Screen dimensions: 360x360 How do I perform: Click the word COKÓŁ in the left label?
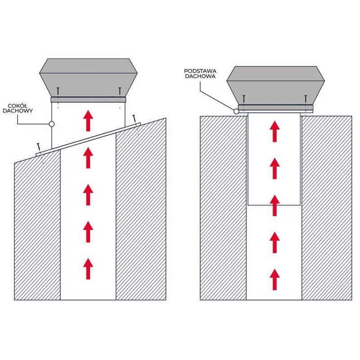[18, 106]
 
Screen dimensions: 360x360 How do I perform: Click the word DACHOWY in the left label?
[18, 111]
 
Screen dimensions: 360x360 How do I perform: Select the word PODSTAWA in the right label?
[200, 72]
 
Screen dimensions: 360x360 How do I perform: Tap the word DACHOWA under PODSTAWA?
[200, 76]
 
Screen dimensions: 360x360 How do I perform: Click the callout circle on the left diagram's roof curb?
[52, 124]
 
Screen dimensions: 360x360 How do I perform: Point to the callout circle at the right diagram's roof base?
[236, 112]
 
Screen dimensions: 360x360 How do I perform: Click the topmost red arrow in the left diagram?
[88, 121]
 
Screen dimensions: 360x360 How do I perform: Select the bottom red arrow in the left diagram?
[88, 269]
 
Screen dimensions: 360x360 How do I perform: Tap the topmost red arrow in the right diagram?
[274, 131]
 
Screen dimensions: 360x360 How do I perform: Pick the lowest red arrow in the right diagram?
[274, 279]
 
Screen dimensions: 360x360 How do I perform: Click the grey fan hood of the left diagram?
[88, 78]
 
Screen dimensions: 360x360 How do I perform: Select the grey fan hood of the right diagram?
[275, 86]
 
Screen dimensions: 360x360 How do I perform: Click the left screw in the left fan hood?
[58, 93]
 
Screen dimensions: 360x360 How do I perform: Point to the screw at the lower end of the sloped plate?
[39, 149]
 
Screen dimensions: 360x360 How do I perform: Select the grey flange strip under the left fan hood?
[88, 99]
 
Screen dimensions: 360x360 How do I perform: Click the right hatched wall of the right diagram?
[327, 208]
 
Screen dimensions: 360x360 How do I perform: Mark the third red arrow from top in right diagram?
[274, 205]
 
